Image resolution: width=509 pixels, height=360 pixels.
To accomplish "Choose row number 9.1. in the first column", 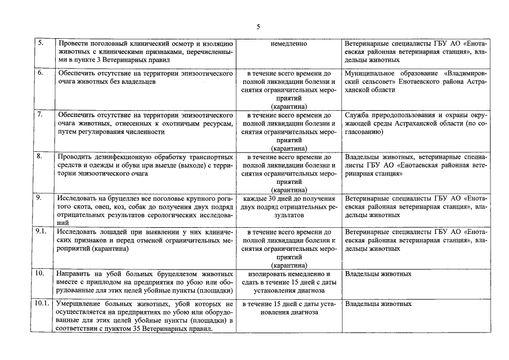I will pyautogui.click(x=41, y=231).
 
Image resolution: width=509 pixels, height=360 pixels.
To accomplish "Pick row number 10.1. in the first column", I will pyautogui.click(x=42, y=304).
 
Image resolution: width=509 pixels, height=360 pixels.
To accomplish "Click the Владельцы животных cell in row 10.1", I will pyautogui.click(x=379, y=304).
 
